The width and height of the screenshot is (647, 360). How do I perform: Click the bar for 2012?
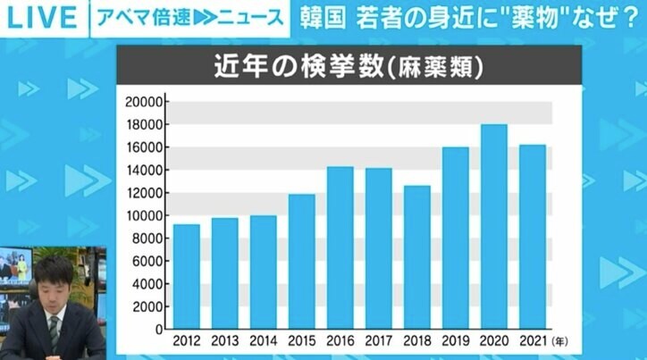pyautogui.click(x=187, y=276)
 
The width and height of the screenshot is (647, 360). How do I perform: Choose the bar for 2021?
pyautogui.click(x=533, y=236)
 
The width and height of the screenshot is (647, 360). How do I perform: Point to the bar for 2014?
pyautogui.click(x=263, y=272)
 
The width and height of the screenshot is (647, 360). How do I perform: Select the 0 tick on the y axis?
pyautogui.click(x=156, y=329)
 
